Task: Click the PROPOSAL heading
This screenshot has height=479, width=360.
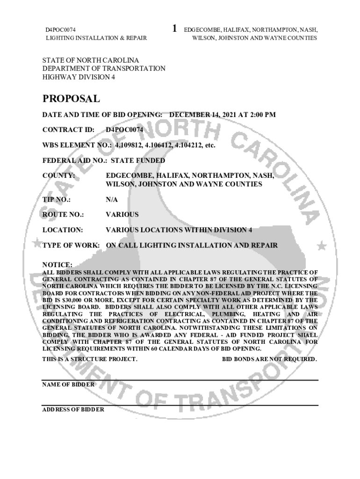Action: point(71,99)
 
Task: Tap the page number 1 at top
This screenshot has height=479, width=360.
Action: point(174,29)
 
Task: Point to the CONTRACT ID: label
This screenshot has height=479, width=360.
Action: point(68,130)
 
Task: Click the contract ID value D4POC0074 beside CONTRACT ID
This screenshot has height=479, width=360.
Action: point(124,130)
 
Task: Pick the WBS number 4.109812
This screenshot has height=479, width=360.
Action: point(129,145)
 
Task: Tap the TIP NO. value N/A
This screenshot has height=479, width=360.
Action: point(112,200)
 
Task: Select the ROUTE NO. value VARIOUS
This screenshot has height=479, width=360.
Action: point(122,215)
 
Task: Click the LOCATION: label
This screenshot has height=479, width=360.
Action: point(63,230)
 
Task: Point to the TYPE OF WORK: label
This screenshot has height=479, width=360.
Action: point(71,245)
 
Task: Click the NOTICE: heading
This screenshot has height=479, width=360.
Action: point(57,265)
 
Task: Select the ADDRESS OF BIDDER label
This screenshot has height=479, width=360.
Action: point(73,409)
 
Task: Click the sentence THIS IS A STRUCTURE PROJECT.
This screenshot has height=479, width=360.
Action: point(90,359)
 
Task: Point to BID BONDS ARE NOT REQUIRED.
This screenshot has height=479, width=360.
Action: point(269,359)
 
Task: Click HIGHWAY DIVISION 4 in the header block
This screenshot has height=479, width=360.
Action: point(79,77)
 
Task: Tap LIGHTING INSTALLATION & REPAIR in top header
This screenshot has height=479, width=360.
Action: point(96,38)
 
